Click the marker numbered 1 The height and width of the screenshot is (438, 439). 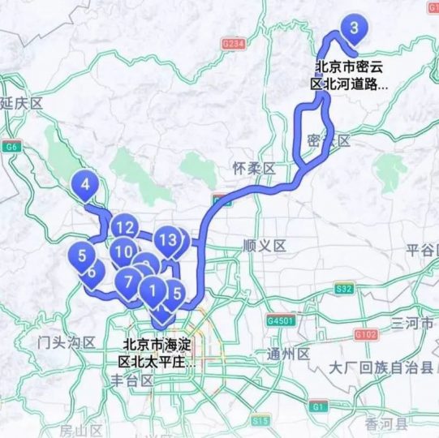click(x=153, y=288)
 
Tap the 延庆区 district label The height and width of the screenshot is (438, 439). click(x=21, y=103)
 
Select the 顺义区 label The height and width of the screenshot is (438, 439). click(x=265, y=246)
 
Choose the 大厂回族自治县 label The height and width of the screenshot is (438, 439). click(x=382, y=368)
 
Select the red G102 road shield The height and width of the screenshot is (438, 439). click(x=366, y=333)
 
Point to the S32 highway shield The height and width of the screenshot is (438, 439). click(x=344, y=288)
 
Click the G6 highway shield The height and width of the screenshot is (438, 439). click(x=11, y=148)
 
